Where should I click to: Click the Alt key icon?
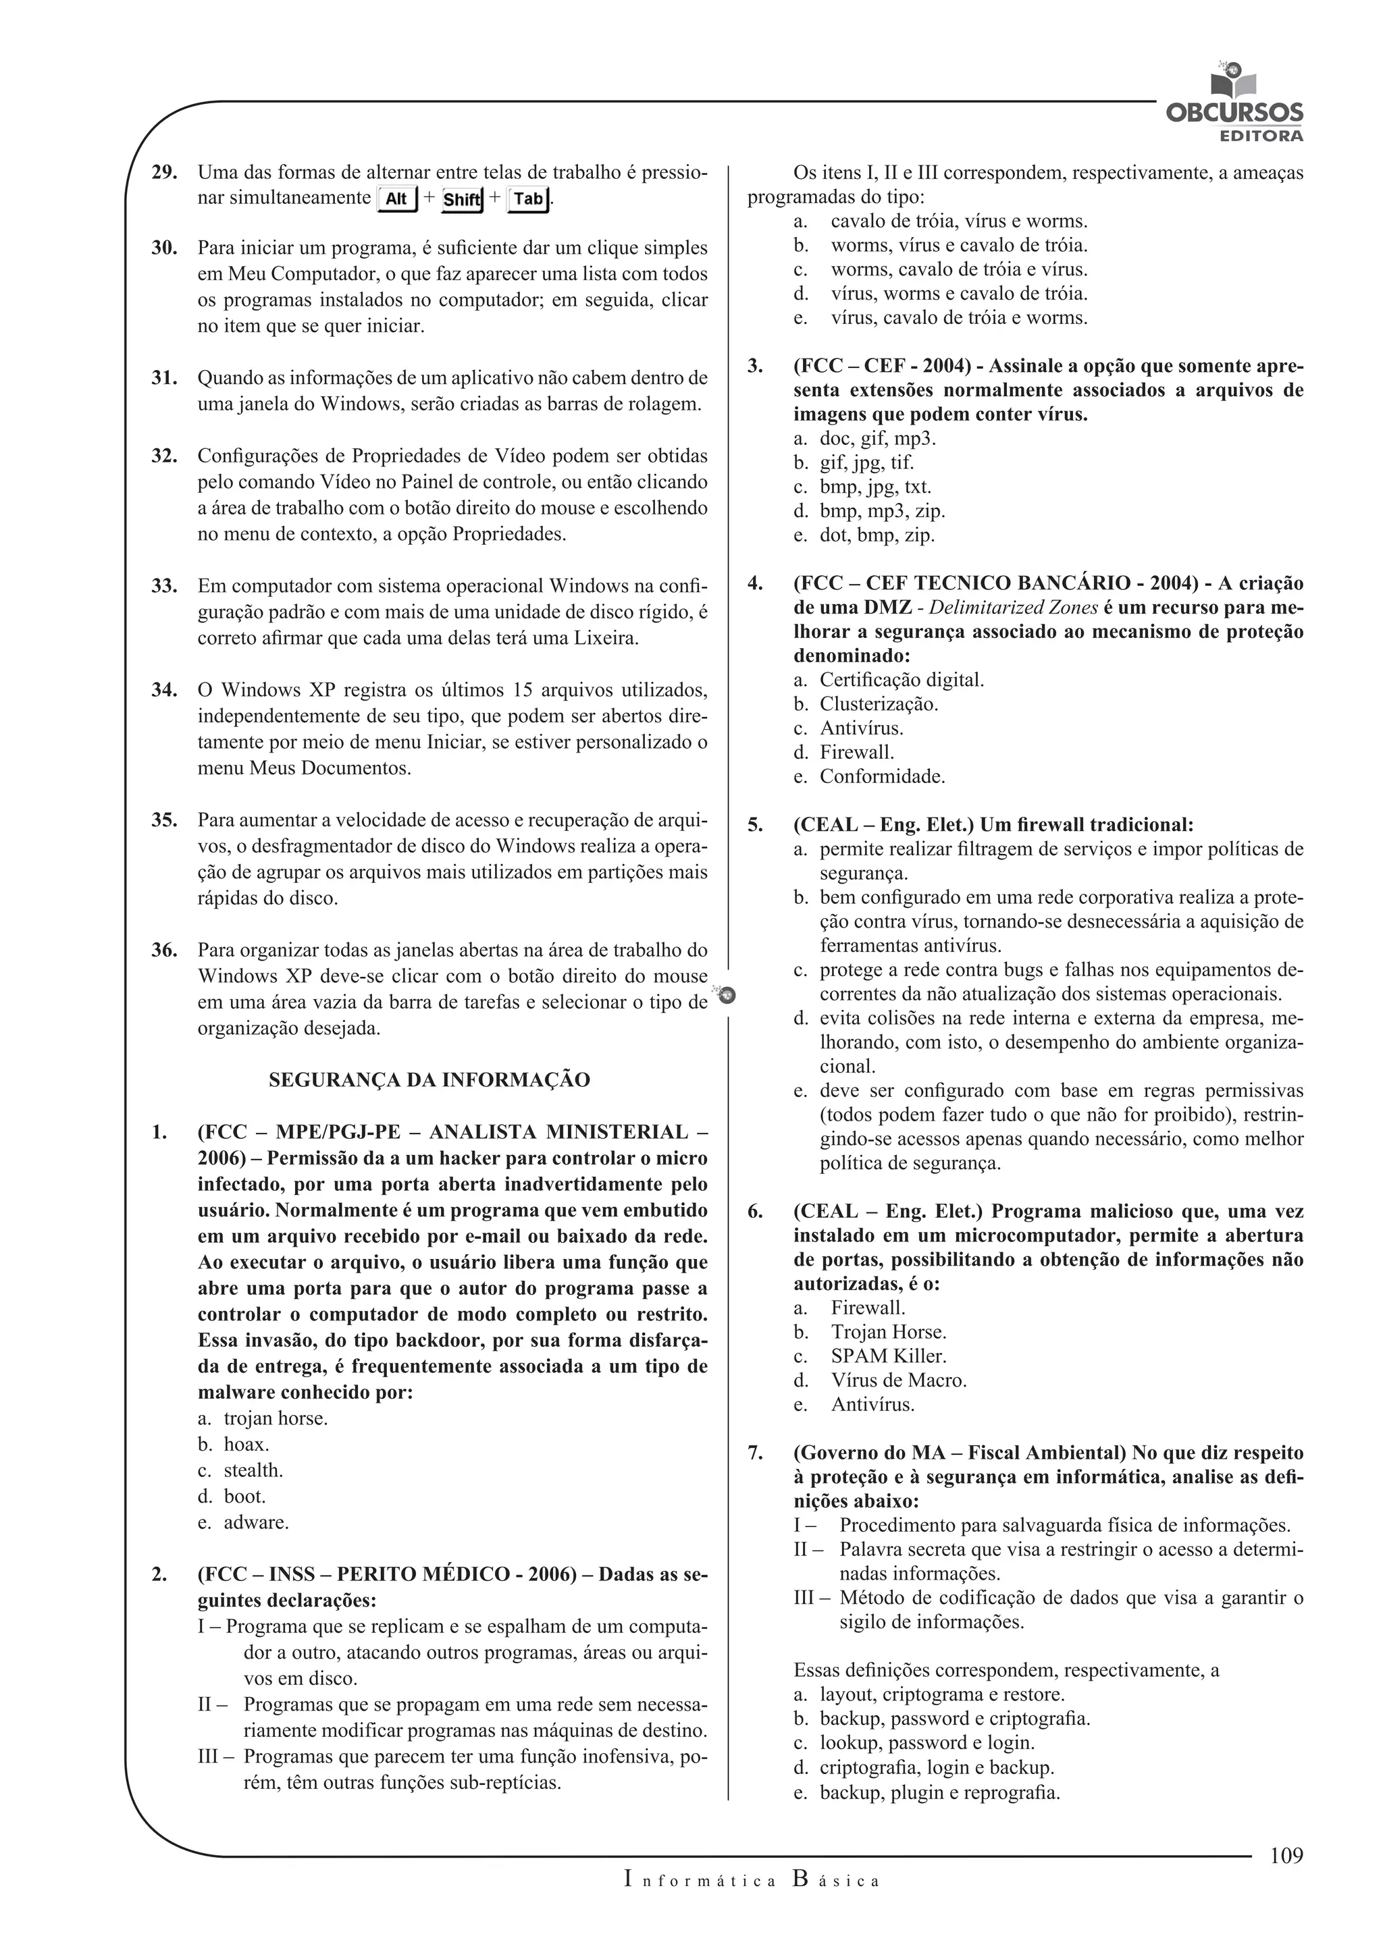[x=397, y=198]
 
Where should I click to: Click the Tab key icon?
[x=528, y=198]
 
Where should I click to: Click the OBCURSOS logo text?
[x=1234, y=113]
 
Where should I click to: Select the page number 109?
[x=1286, y=1854]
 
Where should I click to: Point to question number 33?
[x=163, y=586]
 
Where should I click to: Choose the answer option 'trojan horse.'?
[x=275, y=1418]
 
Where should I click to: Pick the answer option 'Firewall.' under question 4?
[x=857, y=752]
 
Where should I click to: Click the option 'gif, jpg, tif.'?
[x=866, y=462]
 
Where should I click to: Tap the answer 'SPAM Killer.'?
[x=888, y=1356]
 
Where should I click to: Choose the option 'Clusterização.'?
[x=879, y=704]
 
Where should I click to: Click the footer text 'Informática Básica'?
[x=750, y=1880]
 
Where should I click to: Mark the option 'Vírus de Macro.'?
[x=898, y=1381]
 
